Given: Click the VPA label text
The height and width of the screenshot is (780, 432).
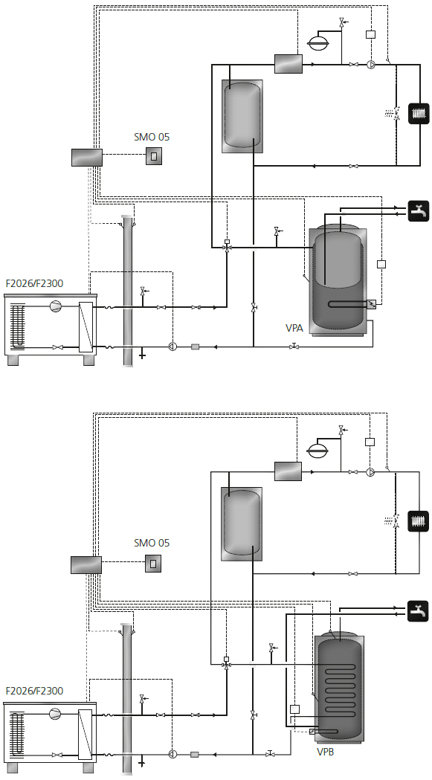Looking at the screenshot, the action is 294,328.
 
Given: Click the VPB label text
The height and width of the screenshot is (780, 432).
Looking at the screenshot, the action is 326,752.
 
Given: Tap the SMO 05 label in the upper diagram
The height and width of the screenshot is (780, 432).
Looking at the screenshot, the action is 152,137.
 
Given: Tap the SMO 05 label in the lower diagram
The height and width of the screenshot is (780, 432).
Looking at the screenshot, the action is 152,543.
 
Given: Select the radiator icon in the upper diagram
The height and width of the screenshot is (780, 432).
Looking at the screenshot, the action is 419,113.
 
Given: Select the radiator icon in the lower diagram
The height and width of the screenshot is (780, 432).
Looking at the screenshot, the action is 418,521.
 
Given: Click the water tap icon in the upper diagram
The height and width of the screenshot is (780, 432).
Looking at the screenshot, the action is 419,210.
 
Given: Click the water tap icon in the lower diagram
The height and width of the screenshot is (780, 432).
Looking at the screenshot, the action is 418,611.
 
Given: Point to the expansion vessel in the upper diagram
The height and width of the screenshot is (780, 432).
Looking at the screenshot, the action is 317,44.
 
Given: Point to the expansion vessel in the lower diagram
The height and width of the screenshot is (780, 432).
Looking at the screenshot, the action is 317,451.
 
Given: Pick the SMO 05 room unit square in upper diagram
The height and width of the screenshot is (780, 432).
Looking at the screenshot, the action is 154,156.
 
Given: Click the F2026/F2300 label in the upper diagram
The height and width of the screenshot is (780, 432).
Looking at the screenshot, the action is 34,284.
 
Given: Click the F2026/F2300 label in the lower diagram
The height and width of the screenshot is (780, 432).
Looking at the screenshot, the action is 34,691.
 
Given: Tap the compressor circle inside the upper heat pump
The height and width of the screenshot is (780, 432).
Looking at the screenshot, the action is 55,306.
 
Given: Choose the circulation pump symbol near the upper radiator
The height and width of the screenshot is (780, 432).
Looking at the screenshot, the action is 371,65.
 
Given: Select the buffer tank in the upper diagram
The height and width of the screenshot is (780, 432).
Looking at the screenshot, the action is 242,116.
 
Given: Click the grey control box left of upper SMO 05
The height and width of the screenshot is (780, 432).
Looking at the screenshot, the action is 87,157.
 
